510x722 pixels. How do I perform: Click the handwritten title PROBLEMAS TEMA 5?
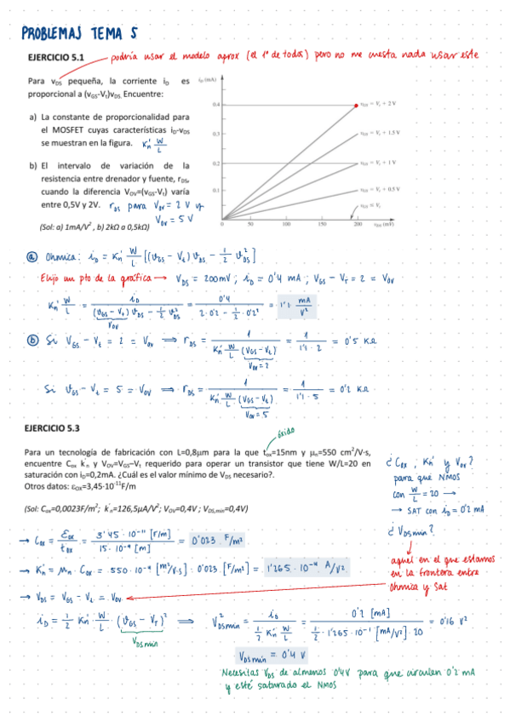point(79,33)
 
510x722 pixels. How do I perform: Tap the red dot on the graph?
point(357,105)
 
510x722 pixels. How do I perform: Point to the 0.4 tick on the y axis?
point(216,105)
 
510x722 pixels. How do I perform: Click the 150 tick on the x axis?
point(323,226)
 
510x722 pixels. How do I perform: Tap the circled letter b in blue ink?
point(32,341)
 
